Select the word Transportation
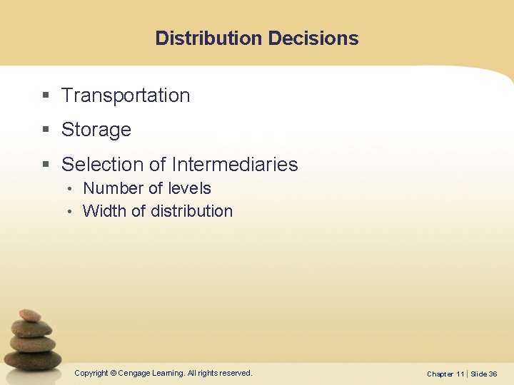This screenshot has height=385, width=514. click(126, 96)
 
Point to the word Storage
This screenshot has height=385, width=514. click(96, 130)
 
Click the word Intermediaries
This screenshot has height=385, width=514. click(235, 165)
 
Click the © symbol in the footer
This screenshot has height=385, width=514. click(113, 373)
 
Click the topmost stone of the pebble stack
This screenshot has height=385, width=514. click(30, 315)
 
